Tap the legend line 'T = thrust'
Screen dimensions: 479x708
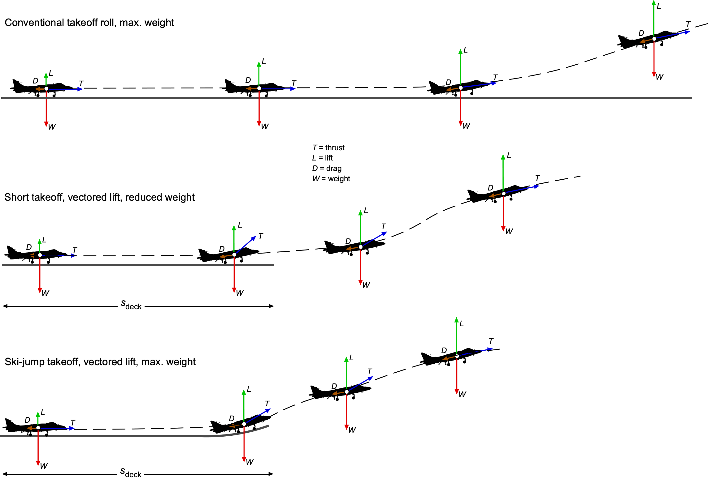328,148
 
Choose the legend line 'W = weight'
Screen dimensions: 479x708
331,179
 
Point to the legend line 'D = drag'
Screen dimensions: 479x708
327,169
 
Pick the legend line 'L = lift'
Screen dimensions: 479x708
322,158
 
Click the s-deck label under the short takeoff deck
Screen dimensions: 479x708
131,305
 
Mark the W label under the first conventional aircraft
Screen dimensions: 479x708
52,127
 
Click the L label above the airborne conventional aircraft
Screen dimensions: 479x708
658,6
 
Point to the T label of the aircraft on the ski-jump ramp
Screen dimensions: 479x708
267,404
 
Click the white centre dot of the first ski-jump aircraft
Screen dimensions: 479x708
38,428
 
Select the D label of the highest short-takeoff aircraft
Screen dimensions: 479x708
490,188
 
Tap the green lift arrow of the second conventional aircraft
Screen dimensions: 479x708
259,74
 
